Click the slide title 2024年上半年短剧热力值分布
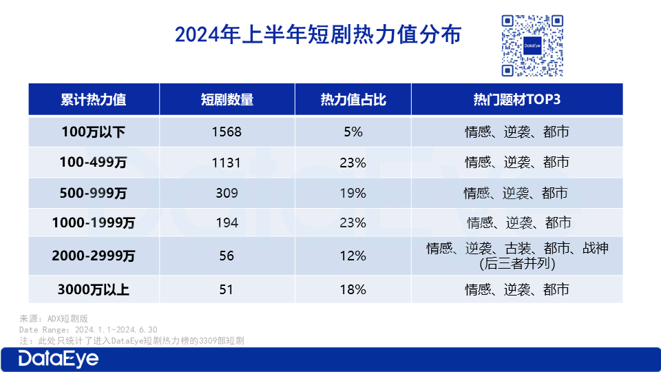pyautogui.click(x=318, y=34)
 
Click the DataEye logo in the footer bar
pyautogui.click(x=58, y=359)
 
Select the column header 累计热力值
pyautogui.click(x=94, y=99)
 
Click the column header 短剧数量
pyautogui.click(x=227, y=99)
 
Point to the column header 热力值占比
pyautogui.click(x=353, y=99)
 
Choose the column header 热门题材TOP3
pyautogui.click(x=517, y=99)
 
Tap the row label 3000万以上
pyautogui.click(x=94, y=289)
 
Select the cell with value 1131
pyautogui.click(x=227, y=163)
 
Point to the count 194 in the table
pyautogui.click(x=227, y=223)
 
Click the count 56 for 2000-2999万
pyautogui.click(x=227, y=256)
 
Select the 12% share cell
pyautogui.click(x=353, y=256)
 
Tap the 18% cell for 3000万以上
pyautogui.click(x=353, y=289)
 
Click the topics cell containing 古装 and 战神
pyautogui.click(x=517, y=256)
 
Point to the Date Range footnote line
pyautogui.click(x=88, y=329)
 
